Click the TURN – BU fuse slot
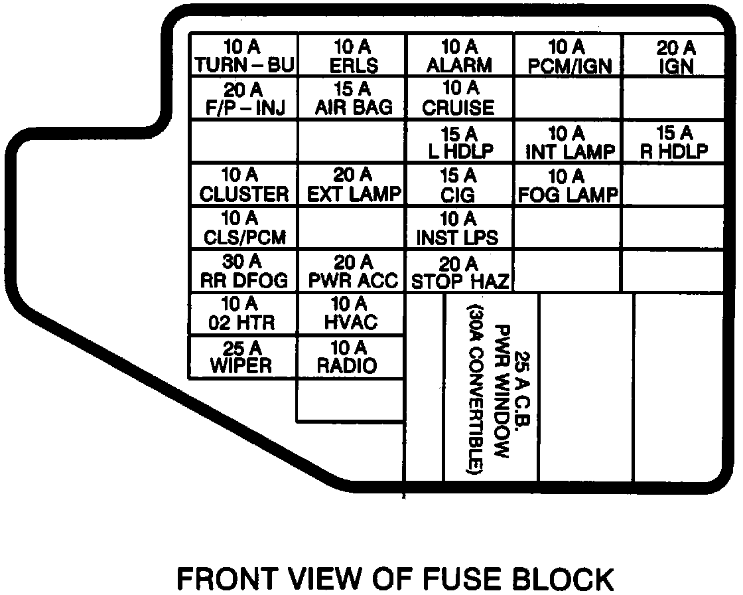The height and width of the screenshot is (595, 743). (x=243, y=56)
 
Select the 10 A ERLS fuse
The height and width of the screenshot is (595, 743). (x=352, y=56)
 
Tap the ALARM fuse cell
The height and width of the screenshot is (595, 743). (x=460, y=56)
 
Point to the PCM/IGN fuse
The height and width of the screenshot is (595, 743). (x=568, y=56)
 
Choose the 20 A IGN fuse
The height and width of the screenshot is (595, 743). (x=675, y=56)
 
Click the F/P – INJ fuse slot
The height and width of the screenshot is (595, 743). (x=243, y=99)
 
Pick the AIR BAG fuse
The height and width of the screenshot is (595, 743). (x=352, y=99)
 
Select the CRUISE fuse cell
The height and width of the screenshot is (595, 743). (x=460, y=99)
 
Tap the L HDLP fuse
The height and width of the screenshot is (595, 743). (x=460, y=142)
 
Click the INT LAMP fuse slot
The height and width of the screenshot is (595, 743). (x=568, y=142)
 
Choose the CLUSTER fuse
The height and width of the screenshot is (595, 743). (x=243, y=185)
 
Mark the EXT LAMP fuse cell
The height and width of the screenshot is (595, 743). (x=352, y=185)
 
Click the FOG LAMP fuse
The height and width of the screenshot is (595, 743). (x=568, y=185)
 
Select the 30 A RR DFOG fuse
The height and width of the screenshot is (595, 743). (x=243, y=272)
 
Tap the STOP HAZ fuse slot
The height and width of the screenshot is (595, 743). (x=460, y=272)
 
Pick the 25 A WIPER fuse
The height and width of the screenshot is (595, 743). (x=243, y=357)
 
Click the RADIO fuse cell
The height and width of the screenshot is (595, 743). (x=352, y=357)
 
